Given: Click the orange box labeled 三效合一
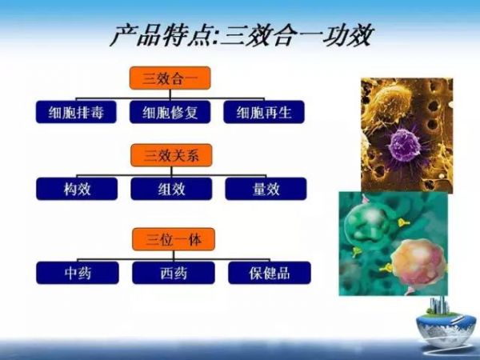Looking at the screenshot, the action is click(170, 78).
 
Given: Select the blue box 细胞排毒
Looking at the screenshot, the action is click(76, 112).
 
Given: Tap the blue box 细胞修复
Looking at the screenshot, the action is click(170, 112).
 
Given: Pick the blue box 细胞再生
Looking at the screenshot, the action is click(264, 112).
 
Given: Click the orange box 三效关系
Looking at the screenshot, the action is click(171, 155).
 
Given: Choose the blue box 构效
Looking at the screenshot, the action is click(77, 189).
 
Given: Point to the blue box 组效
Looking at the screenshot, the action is click(171, 189).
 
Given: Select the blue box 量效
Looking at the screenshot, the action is click(266, 189).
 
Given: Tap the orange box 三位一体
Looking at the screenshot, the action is click(174, 239).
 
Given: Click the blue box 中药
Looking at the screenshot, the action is click(78, 273).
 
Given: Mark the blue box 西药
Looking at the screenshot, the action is click(174, 273).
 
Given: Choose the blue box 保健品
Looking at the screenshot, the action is click(270, 273).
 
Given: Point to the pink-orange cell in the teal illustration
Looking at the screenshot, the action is click(418, 261).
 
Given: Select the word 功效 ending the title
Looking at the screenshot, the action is click(347, 35).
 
